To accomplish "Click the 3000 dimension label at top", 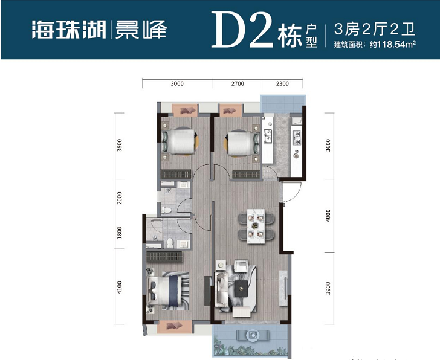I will click(176, 84).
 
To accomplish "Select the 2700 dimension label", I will click(238, 84).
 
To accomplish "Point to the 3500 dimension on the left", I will click(120, 146).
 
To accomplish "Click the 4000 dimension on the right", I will click(328, 216).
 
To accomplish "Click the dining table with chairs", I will click(255, 225).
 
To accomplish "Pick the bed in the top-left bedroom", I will click(181, 143).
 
